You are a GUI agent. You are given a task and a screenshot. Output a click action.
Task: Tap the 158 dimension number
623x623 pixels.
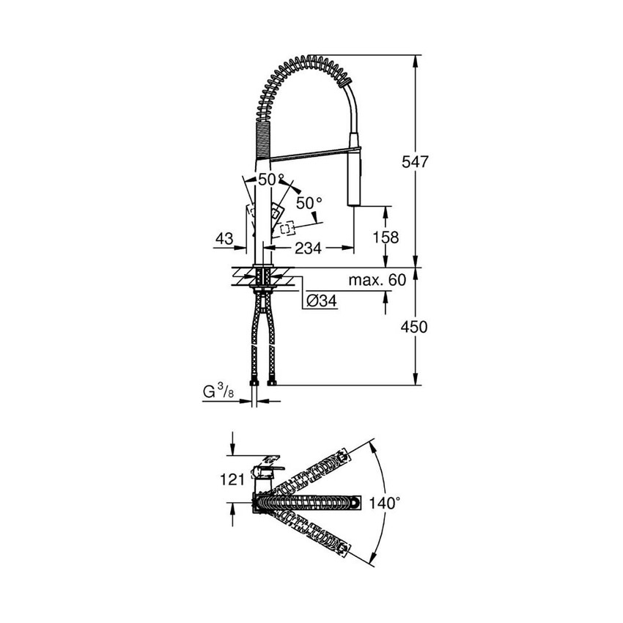[386, 237]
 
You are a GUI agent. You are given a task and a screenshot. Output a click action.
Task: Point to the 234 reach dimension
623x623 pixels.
[308, 249]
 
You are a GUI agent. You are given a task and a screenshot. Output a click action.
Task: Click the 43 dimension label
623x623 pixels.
[225, 238]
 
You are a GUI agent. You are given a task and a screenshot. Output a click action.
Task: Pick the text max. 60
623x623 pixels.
[377, 280]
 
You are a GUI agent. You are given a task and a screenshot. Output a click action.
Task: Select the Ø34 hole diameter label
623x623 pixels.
[322, 301]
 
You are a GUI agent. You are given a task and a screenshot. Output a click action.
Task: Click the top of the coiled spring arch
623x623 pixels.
[308, 59]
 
